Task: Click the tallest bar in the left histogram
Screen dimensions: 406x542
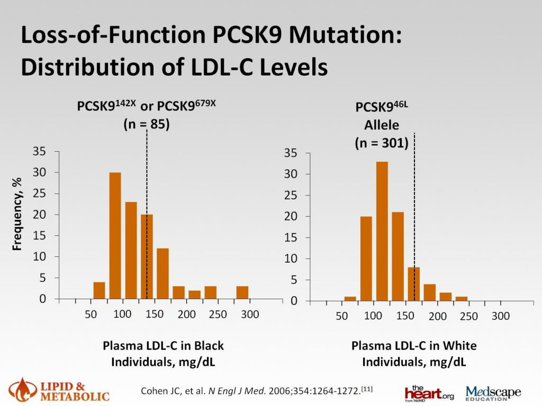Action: [115, 235]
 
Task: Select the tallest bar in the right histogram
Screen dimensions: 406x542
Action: [382, 231]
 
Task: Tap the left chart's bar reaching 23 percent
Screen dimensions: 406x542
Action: [131, 250]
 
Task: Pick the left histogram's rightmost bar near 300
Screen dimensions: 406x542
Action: [242, 292]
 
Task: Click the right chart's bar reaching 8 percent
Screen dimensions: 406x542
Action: [414, 284]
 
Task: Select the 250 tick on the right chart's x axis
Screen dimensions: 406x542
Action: [469, 316]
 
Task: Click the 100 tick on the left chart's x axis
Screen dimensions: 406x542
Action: [122, 314]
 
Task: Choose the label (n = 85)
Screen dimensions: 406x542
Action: [146, 125]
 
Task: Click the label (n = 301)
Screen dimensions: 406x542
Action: [381, 143]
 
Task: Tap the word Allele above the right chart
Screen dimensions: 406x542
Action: [381, 125]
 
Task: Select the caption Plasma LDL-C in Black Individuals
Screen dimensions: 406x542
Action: [163, 353]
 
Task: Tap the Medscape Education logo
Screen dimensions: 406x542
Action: [493, 393]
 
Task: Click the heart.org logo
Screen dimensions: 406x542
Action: [428, 393]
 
